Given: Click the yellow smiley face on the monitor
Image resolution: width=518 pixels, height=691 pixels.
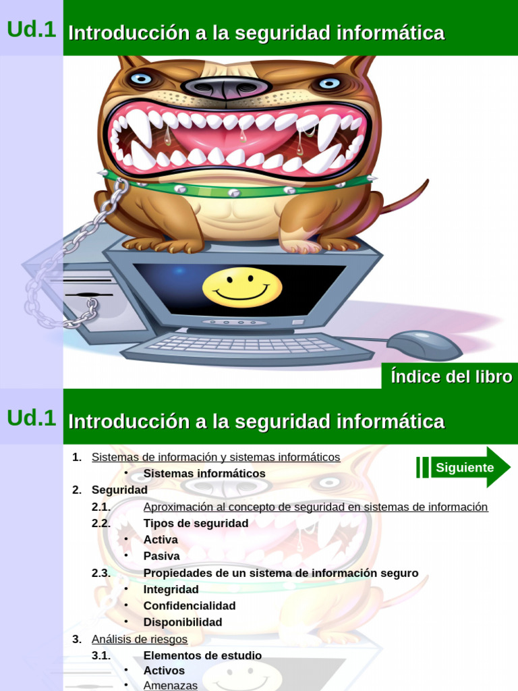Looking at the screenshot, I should (242, 287).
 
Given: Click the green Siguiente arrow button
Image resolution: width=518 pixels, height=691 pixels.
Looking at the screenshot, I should (464, 467).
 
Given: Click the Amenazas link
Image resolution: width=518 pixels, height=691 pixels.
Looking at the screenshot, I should (171, 685).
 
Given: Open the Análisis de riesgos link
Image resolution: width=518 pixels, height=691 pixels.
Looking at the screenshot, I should (140, 638).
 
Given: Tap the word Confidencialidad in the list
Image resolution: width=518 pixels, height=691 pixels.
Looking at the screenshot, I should (190, 605).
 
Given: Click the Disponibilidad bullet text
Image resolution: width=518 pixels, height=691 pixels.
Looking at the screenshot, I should (183, 621).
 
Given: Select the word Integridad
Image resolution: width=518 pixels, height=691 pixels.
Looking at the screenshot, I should (171, 589).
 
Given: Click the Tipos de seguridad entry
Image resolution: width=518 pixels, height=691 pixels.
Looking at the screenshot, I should (196, 523).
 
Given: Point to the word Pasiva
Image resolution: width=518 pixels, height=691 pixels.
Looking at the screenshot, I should (162, 556).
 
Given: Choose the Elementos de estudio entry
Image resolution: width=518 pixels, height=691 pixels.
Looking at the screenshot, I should (202, 655).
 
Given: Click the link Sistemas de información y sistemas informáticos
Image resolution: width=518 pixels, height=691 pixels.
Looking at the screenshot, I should (216, 457).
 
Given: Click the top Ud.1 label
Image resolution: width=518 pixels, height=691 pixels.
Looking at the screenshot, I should (31, 29).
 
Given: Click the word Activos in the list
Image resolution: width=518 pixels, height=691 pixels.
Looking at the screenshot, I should (164, 670).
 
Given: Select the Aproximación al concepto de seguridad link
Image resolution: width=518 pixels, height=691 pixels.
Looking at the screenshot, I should (316, 507).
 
